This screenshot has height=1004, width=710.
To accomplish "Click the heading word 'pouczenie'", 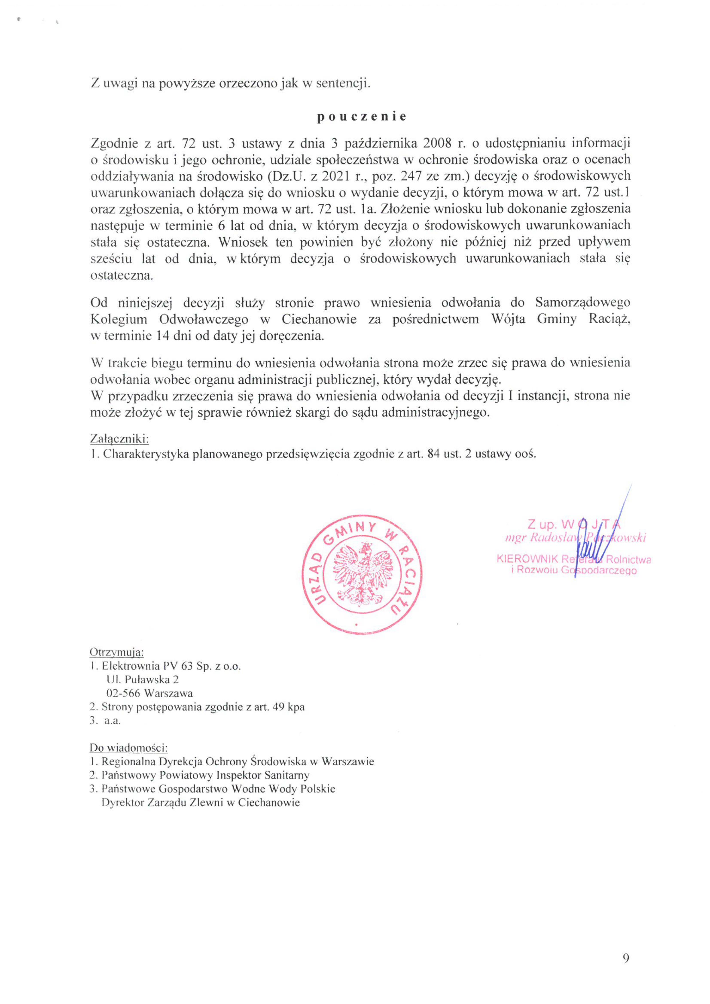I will [361, 117].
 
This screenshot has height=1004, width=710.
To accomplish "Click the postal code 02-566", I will [124, 693].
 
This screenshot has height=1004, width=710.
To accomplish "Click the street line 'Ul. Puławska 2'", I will [143, 680].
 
